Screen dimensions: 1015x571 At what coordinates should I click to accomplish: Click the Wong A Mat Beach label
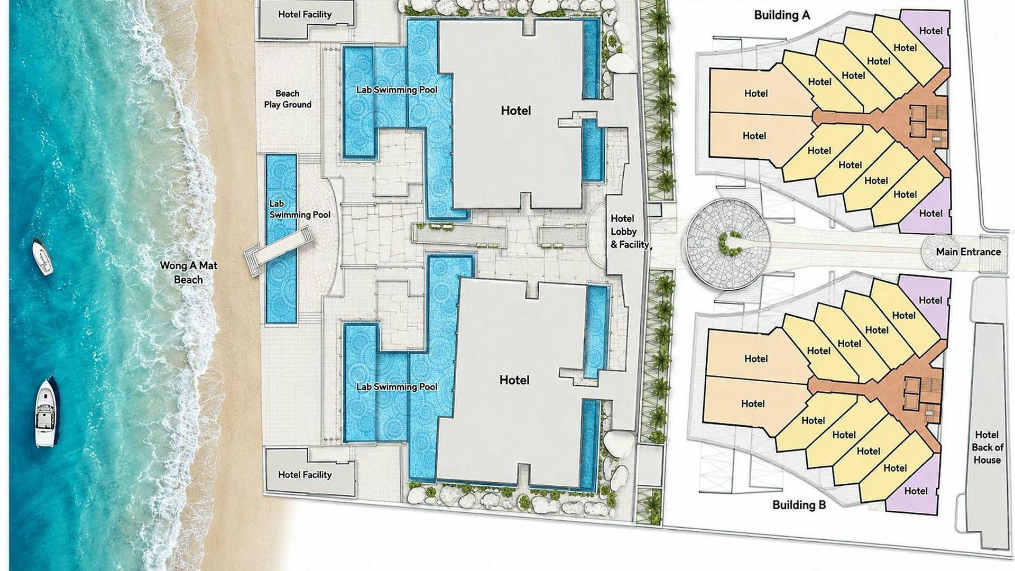(x=189, y=272)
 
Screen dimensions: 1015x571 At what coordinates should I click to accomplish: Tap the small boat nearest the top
(x=42, y=256)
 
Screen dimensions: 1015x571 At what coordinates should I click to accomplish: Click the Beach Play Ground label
(x=288, y=99)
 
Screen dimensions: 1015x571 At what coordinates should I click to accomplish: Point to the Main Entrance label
(x=968, y=252)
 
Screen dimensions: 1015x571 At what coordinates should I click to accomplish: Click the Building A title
(x=782, y=15)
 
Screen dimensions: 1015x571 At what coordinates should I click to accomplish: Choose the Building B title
(x=799, y=505)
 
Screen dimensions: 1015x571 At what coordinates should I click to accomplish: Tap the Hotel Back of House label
(x=987, y=447)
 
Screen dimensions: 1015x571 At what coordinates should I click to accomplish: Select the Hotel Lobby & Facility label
(x=630, y=232)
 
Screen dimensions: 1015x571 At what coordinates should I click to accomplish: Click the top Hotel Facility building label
(x=305, y=14)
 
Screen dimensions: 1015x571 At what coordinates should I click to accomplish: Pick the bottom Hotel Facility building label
(x=305, y=475)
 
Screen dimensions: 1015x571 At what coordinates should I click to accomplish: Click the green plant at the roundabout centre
(x=725, y=243)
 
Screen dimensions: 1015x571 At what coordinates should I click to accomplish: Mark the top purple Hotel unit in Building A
(x=926, y=37)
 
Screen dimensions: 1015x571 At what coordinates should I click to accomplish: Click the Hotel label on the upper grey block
(x=516, y=110)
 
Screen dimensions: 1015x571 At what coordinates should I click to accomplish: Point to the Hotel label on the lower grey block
(x=514, y=380)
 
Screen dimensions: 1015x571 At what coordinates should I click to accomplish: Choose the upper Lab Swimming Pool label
(x=397, y=90)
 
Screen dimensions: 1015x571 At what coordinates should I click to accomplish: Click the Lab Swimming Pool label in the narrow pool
(x=300, y=209)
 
